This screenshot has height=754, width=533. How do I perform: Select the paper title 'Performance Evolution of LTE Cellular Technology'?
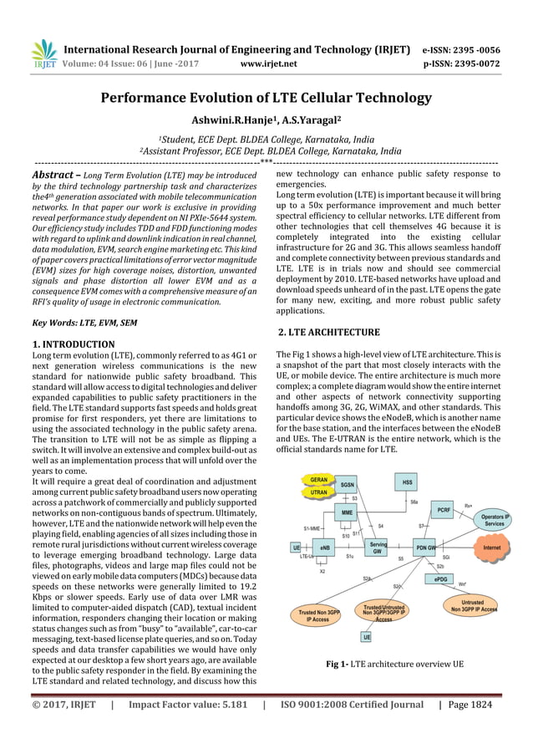coord(266,98)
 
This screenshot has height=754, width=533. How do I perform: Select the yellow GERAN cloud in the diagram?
coord(318,480)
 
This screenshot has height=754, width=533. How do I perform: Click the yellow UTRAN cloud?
coord(318,493)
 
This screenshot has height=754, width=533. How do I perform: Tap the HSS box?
coord(407,483)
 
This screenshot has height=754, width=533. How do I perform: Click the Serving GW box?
coord(378,548)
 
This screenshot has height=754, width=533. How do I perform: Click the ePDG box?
coord(440,578)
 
